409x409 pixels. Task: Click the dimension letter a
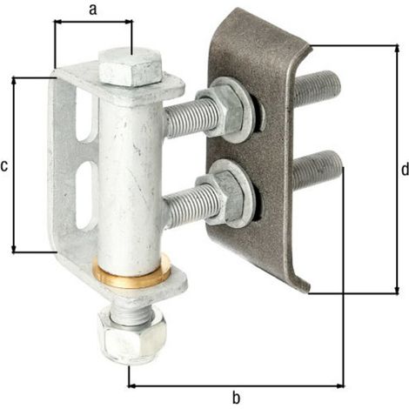click(93, 10)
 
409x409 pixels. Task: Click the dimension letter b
click(237, 398)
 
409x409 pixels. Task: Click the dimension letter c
click(4, 166)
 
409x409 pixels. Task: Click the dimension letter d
click(405, 169)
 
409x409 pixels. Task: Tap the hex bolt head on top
click(131, 66)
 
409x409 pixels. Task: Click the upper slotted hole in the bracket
click(86, 116)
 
